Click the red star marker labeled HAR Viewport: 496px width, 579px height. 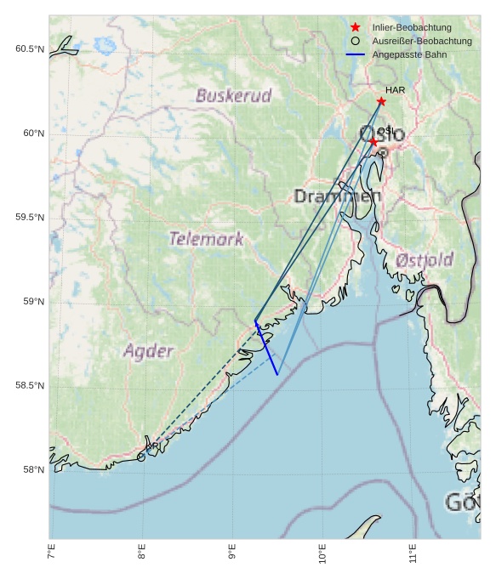381,101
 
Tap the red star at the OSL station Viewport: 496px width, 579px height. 373,142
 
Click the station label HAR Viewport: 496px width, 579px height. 395,90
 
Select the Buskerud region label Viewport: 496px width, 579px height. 233,95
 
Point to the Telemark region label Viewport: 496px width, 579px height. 206,239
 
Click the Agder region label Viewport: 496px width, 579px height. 148,350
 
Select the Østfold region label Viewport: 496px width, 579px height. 425,259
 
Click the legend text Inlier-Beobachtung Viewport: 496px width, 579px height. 412,27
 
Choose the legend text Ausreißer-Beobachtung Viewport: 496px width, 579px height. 422,41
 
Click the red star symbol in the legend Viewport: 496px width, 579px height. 356,27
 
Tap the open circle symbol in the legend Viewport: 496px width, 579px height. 356,41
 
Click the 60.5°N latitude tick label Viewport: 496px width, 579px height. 29,49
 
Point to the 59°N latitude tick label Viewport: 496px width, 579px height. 32,302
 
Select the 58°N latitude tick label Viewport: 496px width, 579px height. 32,470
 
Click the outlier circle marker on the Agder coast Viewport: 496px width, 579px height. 141,457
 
